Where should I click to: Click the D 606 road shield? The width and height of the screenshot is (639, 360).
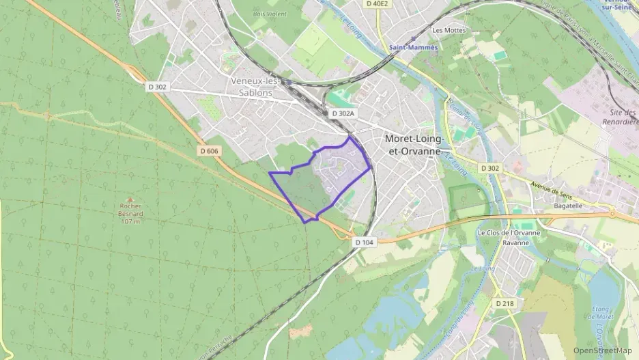point(210,150)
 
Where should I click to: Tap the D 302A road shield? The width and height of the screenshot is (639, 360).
point(343,113)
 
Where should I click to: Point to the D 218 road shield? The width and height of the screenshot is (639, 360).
point(504,303)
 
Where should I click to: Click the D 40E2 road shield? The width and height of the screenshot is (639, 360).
point(377,3)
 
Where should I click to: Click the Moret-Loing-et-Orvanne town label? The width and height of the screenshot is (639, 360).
point(414,143)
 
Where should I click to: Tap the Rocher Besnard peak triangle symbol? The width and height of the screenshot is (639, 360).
point(130,197)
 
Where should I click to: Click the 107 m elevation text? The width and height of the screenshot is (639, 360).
point(130,221)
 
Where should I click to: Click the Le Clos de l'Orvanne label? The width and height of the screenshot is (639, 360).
point(509,233)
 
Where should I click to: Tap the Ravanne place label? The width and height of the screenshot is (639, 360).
point(516,243)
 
